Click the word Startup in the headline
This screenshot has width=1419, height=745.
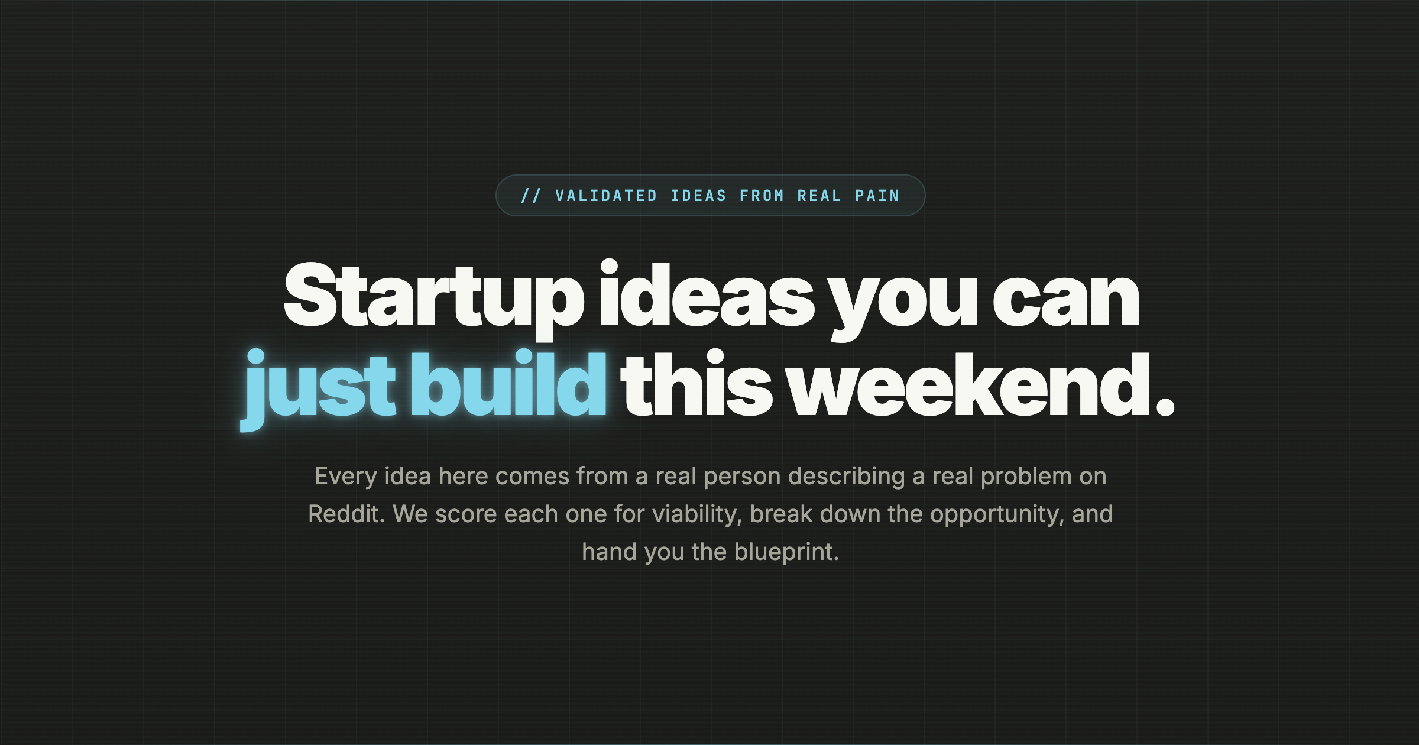coord(433,296)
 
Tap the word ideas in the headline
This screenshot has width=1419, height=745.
coord(707,296)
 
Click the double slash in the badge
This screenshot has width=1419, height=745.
coord(530,196)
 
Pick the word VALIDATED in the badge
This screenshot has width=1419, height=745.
coord(606,196)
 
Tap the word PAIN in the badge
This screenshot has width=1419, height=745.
coord(877,196)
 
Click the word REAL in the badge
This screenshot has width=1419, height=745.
coord(819,196)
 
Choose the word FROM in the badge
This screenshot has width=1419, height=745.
coord(762,196)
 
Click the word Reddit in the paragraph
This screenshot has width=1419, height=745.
coord(346,514)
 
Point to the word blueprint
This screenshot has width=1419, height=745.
coord(786,552)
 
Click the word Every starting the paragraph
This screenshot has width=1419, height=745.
coord(345,477)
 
